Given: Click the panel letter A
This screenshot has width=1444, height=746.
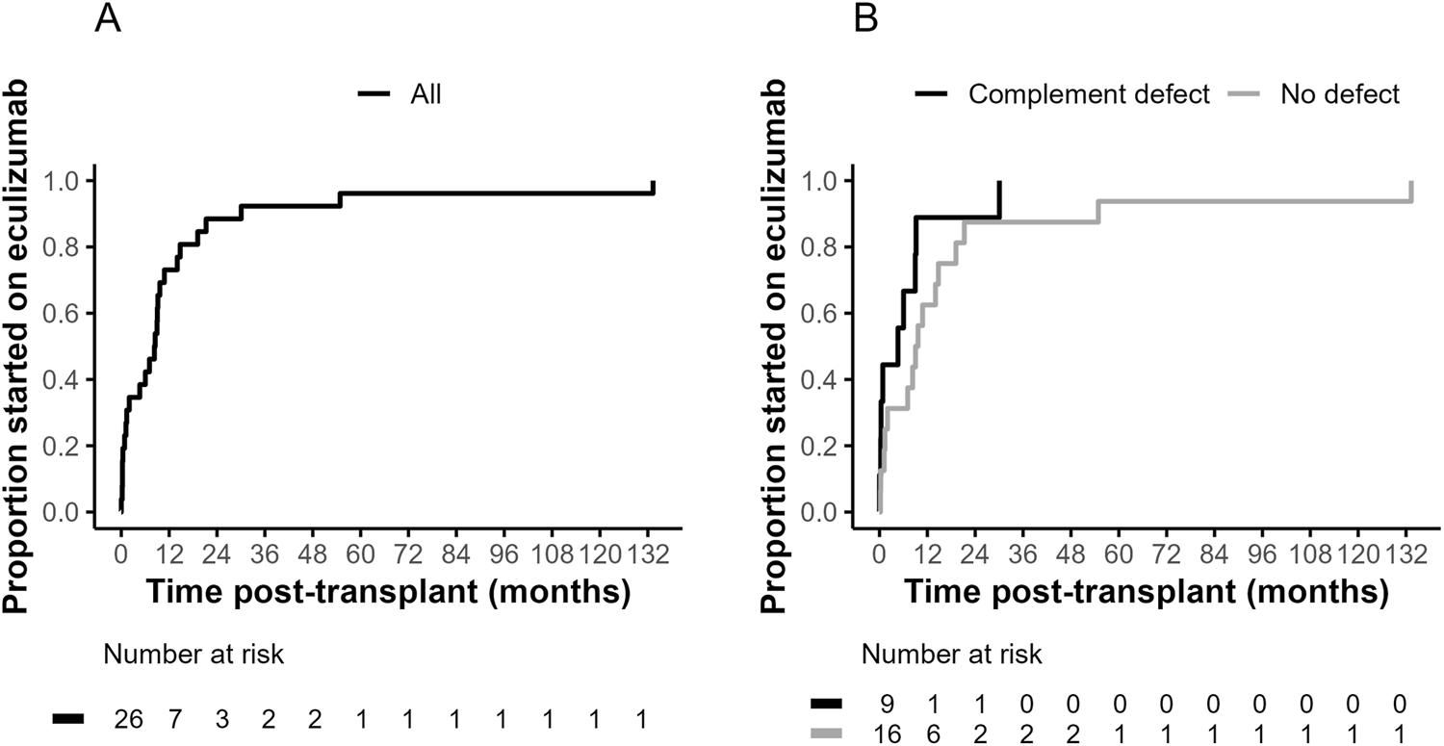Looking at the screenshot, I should pos(108,19).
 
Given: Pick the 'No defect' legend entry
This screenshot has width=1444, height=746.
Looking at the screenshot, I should pos(1339,94).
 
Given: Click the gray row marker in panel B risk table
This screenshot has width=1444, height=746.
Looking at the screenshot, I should pos(827,733).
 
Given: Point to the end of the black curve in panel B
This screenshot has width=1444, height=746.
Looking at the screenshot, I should pos(999,182).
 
